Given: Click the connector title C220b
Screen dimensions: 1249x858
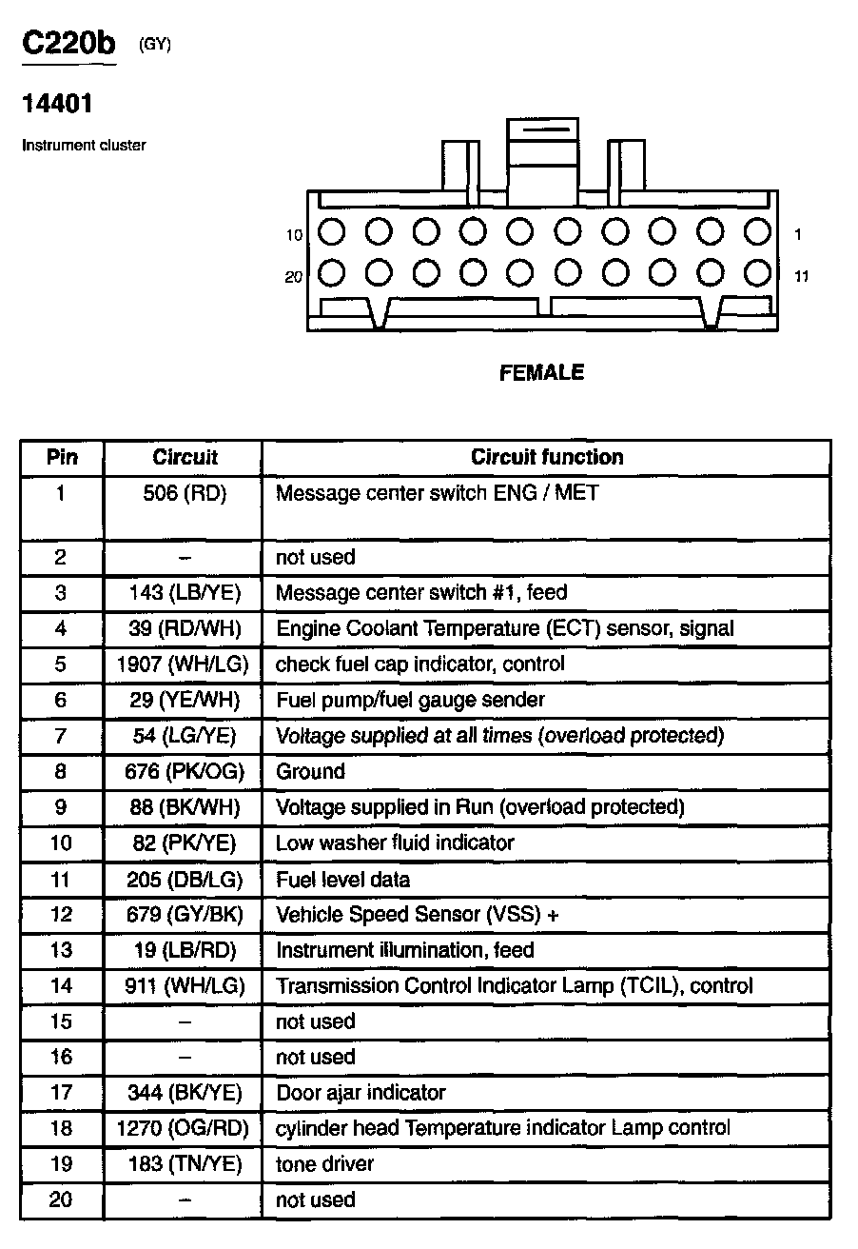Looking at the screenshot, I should click(68, 45).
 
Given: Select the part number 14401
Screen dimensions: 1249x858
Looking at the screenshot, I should click(57, 104).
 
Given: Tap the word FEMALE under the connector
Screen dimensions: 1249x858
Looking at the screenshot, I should click(541, 373).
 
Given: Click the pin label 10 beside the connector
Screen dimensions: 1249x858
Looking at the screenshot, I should click(294, 235).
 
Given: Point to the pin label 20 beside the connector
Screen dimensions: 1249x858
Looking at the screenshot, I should click(294, 277).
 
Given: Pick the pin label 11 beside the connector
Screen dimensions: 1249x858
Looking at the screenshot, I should click(801, 277).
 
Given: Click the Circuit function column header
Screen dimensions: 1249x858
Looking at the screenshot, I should click(547, 457).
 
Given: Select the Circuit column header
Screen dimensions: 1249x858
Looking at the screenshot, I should click(185, 457).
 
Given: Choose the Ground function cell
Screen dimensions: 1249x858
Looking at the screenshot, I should click(310, 771).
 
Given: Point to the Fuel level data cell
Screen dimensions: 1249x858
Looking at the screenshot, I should click(342, 880).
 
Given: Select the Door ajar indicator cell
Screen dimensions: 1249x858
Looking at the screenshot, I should click(361, 1093).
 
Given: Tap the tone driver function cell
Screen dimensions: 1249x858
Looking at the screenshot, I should click(324, 1164).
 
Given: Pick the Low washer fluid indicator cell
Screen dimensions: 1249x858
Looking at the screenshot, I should click(395, 843).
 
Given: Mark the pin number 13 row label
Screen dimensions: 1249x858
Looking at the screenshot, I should click(61, 950).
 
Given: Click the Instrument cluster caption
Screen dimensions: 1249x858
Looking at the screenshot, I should click(84, 146).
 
